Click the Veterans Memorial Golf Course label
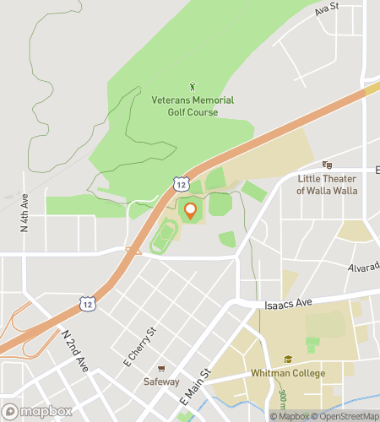[x=192, y=106]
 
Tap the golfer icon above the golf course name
[x=192, y=85]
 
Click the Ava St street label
[x=326, y=10]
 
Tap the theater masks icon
[x=327, y=165]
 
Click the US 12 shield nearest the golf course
[x=182, y=182]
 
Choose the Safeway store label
[x=161, y=381]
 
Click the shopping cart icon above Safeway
[x=161, y=369]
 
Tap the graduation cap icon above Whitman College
[x=287, y=359]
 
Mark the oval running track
[x=164, y=237]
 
